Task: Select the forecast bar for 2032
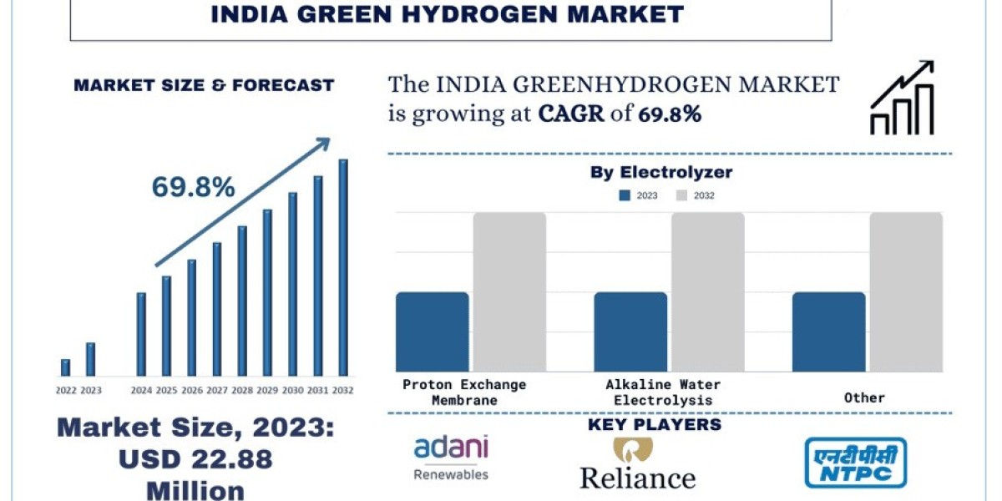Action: pos(342,267)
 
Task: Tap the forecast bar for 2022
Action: pos(65,367)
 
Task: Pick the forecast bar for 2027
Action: pos(216,309)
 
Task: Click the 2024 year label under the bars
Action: pos(141,390)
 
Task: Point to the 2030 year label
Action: pos(292,390)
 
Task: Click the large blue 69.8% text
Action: pos(193,187)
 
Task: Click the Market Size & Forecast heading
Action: pos(204,85)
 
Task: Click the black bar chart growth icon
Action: pos(902,99)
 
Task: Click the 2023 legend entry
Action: pos(639,195)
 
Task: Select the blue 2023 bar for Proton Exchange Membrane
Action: pos(432,331)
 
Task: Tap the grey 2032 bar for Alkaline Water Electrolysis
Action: pos(707,292)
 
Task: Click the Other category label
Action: pos(864,397)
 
